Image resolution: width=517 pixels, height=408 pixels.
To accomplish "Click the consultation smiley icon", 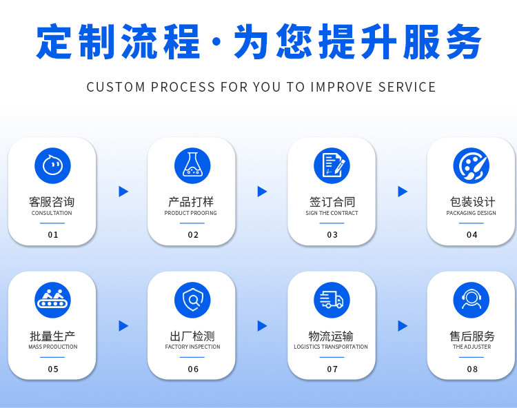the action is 52,165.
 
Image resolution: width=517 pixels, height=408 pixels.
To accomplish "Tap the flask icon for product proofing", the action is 192,165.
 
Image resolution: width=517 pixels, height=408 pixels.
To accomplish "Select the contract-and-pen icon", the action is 332,165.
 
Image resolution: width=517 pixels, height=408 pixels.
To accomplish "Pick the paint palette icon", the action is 472,165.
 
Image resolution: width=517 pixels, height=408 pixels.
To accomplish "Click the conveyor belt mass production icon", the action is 52,300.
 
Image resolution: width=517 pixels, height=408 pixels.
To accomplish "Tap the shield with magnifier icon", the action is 192,300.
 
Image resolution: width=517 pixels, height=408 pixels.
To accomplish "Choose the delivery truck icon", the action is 332,300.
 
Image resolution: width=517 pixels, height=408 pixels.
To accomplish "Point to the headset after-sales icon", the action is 472,300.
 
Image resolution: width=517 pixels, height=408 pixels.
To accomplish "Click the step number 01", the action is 53,235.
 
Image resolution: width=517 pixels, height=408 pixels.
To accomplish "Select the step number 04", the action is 472,235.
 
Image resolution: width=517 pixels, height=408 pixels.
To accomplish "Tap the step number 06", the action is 193,369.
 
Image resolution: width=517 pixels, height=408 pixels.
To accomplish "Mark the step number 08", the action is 472,369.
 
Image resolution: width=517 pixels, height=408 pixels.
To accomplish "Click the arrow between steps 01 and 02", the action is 123,192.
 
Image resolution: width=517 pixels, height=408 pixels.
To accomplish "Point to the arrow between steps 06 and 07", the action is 263,326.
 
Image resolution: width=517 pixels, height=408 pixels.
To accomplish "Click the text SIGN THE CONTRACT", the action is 332,214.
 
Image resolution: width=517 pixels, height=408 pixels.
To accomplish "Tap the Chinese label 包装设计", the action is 472,202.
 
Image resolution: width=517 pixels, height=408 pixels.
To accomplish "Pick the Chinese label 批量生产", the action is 52,336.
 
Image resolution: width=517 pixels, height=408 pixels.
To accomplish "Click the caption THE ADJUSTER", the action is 472,347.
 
